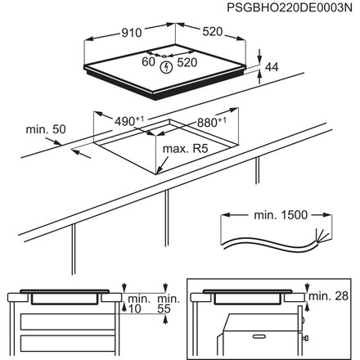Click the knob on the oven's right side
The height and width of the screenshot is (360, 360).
(x=304, y=335)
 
